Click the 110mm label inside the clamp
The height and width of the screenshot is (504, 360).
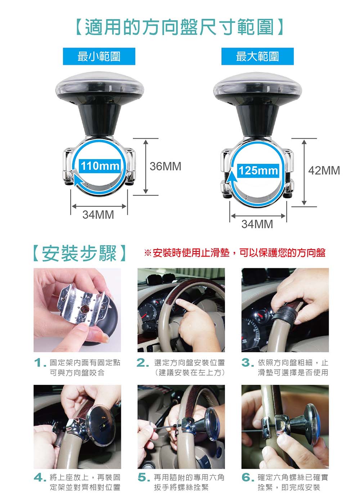[x=100, y=166]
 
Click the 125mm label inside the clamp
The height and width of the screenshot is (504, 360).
[x=258, y=171]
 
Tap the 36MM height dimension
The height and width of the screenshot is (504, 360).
[x=165, y=166]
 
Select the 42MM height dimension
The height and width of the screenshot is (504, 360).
[x=324, y=170]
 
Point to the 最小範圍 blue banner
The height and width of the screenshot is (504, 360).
[x=99, y=56]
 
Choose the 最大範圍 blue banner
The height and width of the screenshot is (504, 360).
[x=257, y=56]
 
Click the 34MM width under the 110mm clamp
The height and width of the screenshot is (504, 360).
[x=98, y=215]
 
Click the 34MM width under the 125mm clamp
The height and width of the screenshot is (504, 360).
[x=257, y=224]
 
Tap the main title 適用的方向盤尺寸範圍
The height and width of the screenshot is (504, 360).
[x=180, y=27]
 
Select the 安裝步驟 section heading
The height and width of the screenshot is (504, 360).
[x=79, y=253]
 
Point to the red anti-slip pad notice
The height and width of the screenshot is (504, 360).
[x=235, y=253]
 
